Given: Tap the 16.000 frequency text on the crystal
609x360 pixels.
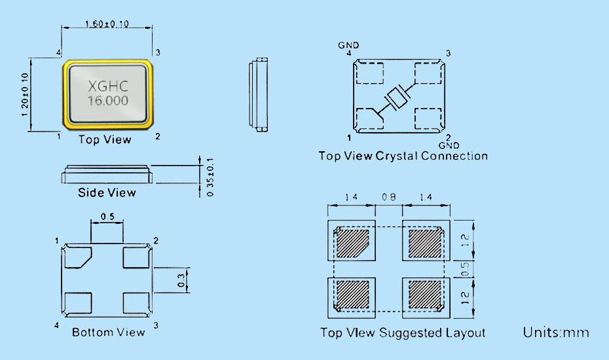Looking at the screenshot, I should [x=108, y=101].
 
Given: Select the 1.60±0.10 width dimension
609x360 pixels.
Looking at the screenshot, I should [x=107, y=24].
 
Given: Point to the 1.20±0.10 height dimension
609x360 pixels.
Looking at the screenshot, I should [x=25, y=95].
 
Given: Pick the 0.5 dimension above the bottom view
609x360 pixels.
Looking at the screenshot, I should [x=107, y=217].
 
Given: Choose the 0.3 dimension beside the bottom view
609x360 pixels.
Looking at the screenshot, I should [x=181, y=280].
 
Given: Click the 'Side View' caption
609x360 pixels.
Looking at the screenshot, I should [x=107, y=192].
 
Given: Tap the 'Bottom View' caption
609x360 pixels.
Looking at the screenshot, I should [x=108, y=333].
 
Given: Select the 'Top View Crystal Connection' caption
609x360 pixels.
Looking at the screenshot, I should [x=403, y=156].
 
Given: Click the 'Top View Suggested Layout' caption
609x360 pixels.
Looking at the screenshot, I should [x=403, y=333].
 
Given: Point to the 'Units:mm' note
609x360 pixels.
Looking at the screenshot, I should [x=556, y=333].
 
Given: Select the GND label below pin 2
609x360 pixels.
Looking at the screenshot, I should [x=449, y=145].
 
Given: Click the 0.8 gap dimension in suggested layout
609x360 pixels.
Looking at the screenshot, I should [x=389, y=196].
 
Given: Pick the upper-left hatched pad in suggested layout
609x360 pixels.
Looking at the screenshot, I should [x=353, y=242].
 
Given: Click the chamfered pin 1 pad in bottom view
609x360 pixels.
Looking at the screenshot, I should [x=80, y=257].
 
